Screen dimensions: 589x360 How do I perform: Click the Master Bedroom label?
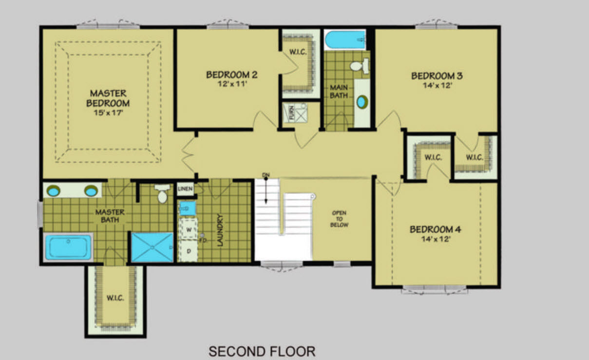[108, 98]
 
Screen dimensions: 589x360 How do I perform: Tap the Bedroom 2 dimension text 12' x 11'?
[232, 84]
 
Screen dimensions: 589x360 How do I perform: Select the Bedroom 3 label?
[437, 76]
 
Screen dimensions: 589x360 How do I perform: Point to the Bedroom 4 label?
[435, 229]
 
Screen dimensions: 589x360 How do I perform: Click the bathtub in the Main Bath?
[345, 39]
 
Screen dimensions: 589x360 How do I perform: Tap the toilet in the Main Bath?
[360, 66]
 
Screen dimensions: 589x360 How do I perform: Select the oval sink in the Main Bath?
[362, 102]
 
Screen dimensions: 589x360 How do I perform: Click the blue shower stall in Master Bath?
[152, 247]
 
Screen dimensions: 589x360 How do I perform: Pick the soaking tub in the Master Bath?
[68, 247]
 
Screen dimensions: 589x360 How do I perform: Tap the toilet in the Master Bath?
[162, 193]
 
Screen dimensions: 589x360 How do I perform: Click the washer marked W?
[188, 229]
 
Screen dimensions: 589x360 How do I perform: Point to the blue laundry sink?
[188, 208]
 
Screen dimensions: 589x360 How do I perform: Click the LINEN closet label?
[186, 189]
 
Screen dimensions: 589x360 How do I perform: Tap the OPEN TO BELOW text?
[339, 219]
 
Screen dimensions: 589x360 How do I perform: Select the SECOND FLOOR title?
[262, 352]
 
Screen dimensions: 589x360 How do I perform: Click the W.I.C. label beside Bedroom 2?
[298, 52]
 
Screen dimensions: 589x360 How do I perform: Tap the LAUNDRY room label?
[220, 230]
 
